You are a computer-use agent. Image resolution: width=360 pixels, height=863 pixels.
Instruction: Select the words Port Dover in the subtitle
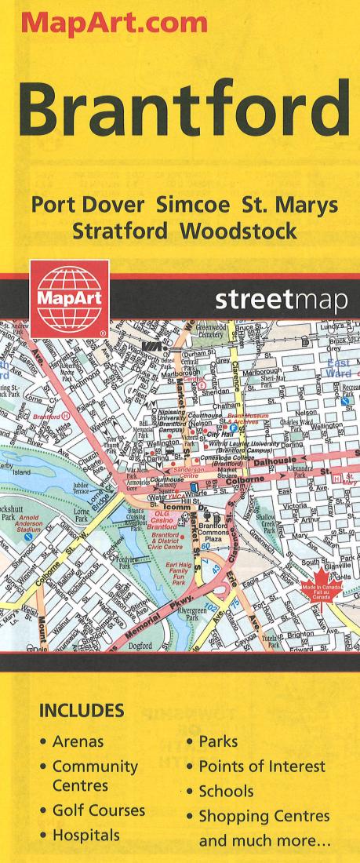[x=88, y=206]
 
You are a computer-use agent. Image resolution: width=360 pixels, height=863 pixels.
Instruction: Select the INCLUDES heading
[x=81, y=711]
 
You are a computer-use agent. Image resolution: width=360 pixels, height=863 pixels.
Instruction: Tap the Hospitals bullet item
[x=86, y=835]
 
